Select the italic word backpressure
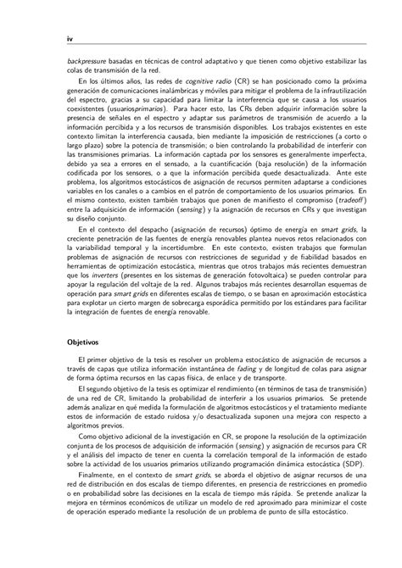point(92,60)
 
